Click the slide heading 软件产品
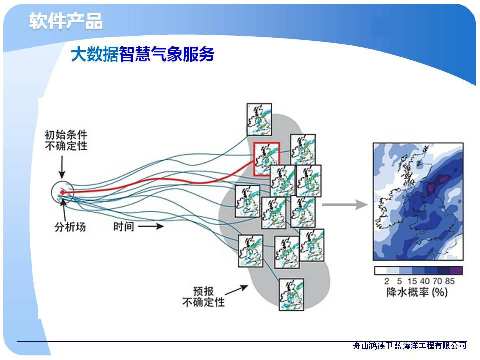click(x=66, y=21)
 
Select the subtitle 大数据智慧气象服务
click(x=142, y=54)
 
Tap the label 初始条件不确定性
click(x=66, y=140)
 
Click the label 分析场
click(x=70, y=227)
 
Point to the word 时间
click(x=124, y=227)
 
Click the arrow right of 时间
click(x=151, y=226)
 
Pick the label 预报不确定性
click(x=203, y=296)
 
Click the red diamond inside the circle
click(x=62, y=192)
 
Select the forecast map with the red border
click(x=266, y=159)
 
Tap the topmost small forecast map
click(x=259, y=119)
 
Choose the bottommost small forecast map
click(x=291, y=295)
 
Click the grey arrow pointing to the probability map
click(x=345, y=204)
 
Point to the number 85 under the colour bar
click(x=450, y=281)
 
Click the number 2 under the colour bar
click(x=387, y=281)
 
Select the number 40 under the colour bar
click(x=425, y=281)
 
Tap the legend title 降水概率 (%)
click(x=417, y=292)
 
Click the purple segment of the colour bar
click(x=456, y=270)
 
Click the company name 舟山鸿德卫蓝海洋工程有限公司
click(x=410, y=346)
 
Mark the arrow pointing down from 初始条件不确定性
click(x=62, y=167)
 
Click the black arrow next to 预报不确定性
click(x=236, y=290)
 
